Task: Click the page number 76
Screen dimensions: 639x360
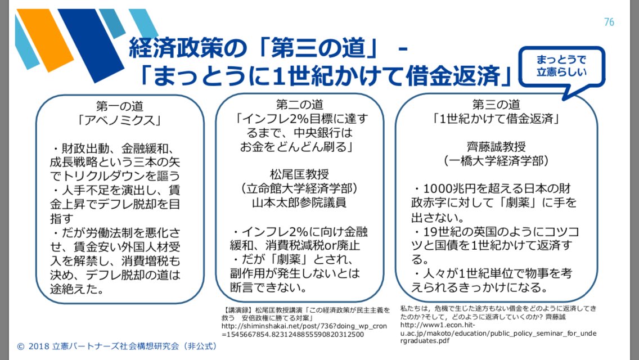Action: coord(609,22)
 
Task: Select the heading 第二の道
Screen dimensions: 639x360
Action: coord(299,105)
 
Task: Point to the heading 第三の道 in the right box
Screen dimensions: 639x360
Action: coord(496,105)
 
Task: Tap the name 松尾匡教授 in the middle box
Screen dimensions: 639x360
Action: coord(300,173)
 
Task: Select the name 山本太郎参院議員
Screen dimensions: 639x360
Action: coord(300,202)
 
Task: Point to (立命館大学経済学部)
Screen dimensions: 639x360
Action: coord(300,188)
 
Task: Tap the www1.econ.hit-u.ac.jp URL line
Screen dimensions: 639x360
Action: coord(498,329)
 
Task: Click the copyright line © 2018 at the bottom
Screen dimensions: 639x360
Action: coord(116,346)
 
